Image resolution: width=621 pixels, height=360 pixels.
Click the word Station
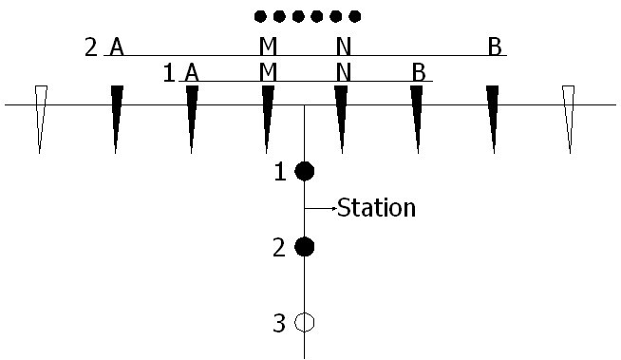coord(377,208)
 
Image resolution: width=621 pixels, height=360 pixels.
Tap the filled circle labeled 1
coord(304,171)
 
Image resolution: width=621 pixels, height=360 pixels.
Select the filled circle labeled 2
coord(304,247)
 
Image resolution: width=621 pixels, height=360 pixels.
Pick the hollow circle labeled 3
coord(304,323)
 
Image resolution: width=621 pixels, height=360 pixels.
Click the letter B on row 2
coord(494,47)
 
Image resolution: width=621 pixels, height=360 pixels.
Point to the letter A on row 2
coord(117,47)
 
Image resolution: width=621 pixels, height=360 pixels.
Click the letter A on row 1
coord(192,71)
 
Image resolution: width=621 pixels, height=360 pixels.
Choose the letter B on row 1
coord(418,71)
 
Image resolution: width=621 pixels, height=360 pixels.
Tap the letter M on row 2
coord(268,47)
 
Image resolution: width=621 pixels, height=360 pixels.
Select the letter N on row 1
coord(343,71)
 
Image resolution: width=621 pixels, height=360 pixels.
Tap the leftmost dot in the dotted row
coord(260,16)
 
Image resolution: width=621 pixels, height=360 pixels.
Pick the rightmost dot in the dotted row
coord(355,16)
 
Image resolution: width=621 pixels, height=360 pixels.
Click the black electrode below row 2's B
coord(493,114)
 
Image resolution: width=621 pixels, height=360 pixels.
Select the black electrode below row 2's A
coord(117,114)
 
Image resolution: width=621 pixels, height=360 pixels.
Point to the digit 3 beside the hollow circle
coord(279,324)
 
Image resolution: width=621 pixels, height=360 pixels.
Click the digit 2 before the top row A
coord(91,47)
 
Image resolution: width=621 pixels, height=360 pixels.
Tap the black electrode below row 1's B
coord(417,114)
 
